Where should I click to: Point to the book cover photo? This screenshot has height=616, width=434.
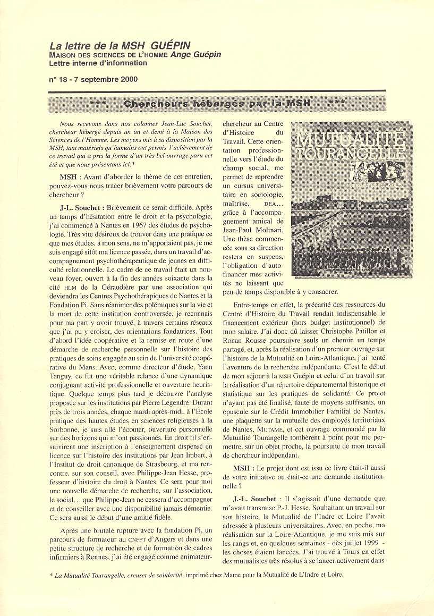pyautogui.click(x=352, y=199)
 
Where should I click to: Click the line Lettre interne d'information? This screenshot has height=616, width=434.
pyautogui.click(x=98, y=63)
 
